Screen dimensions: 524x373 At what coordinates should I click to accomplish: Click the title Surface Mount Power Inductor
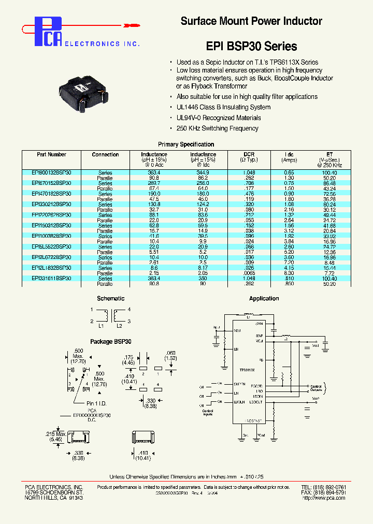tap(251, 21)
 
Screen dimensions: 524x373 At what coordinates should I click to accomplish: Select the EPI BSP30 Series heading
tap(251, 46)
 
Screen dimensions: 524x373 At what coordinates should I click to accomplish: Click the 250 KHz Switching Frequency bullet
tap(217, 128)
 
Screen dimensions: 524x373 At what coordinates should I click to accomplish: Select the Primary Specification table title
tap(185, 144)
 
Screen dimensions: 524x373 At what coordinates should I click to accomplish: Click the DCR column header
tap(249, 154)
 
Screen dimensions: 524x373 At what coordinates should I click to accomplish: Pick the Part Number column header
tap(51, 154)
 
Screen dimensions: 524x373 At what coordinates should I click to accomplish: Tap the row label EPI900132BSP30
tap(51, 172)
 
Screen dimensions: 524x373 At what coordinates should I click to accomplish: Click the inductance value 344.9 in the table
tap(203, 172)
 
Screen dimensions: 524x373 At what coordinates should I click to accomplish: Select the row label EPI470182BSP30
tap(51, 194)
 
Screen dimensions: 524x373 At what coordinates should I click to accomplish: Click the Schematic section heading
tap(111, 298)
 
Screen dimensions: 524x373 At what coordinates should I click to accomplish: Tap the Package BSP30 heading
tap(111, 342)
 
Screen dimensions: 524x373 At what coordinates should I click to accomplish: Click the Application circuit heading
tap(264, 298)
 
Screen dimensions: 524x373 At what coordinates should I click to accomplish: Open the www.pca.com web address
tap(328, 498)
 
